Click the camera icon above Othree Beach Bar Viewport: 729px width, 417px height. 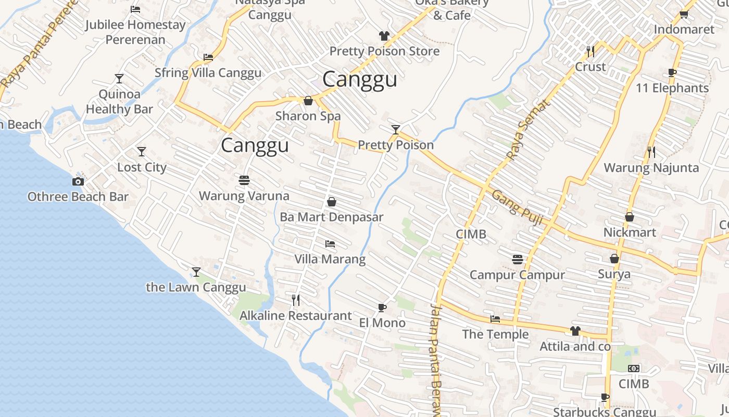pyautogui.click(x=78, y=181)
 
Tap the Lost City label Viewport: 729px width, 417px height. pyautogui.click(x=142, y=167)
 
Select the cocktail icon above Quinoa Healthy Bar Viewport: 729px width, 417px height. pyautogui.click(x=119, y=79)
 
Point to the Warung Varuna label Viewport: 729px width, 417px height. pyautogui.click(x=244, y=196)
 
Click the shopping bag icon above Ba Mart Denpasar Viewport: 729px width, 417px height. pyautogui.click(x=331, y=202)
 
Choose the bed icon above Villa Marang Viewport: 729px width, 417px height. pyautogui.click(x=330, y=243)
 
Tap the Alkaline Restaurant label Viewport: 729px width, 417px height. pyautogui.click(x=295, y=315)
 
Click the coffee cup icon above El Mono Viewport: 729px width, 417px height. pyautogui.click(x=382, y=308)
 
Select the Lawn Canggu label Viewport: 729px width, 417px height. pyautogui.click(x=196, y=287)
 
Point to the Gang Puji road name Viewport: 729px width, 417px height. pyautogui.click(x=517, y=207)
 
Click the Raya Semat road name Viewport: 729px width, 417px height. pyautogui.click(x=527, y=130)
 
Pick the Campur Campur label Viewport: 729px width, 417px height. pyautogui.click(x=517, y=275)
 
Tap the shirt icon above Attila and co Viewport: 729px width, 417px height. pyautogui.click(x=575, y=330)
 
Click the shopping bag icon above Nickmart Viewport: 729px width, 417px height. pyautogui.click(x=629, y=217)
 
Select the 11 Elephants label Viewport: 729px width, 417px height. pyautogui.click(x=672, y=88)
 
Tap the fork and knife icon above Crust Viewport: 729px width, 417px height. pyautogui.click(x=590, y=51)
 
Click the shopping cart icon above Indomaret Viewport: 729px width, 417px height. pyautogui.click(x=684, y=14)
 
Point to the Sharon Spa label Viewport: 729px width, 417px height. pyautogui.click(x=308, y=116)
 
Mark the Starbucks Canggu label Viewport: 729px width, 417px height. pyautogui.click(x=604, y=412)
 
